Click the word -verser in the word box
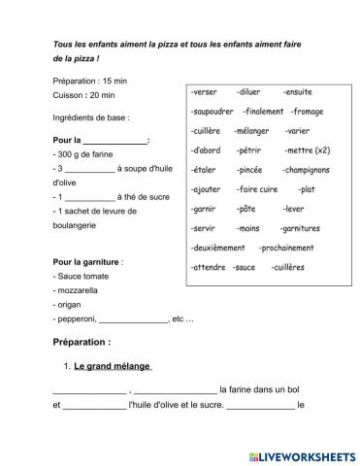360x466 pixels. [205, 92]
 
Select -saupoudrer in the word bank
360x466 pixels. [213, 112]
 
